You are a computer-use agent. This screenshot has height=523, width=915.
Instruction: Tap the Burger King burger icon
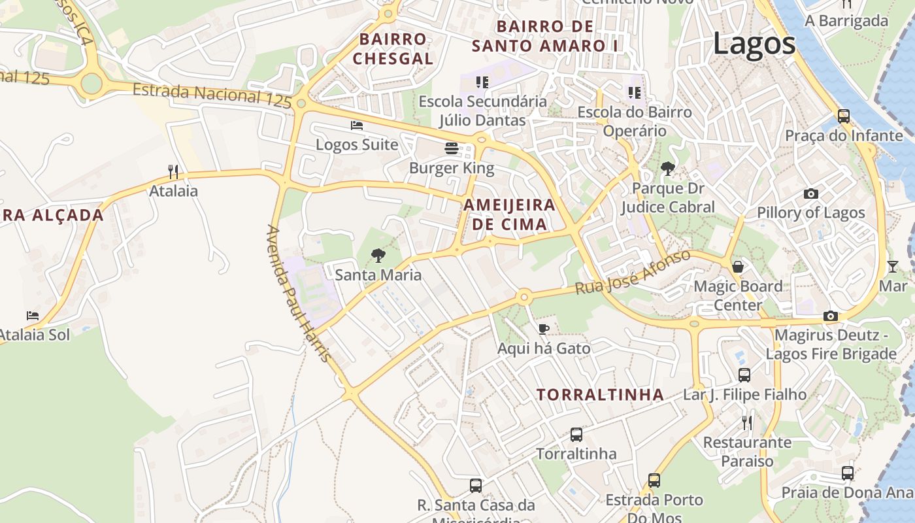click(x=451, y=148)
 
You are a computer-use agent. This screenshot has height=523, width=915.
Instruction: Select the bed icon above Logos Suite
click(x=357, y=125)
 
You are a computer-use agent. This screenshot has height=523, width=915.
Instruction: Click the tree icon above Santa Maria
click(x=378, y=256)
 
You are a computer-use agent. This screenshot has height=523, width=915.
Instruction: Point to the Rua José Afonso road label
click(x=633, y=272)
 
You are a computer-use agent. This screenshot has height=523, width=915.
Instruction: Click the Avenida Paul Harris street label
click(x=298, y=294)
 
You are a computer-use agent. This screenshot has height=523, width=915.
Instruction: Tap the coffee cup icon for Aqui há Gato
click(x=543, y=329)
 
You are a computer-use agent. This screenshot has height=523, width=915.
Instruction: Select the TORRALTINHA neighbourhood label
click(x=600, y=395)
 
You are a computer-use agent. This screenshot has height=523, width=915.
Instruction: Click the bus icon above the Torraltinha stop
click(x=576, y=434)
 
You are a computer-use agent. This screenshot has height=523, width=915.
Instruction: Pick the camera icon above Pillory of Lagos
click(x=810, y=194)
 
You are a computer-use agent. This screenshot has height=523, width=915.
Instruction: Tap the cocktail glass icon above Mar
click(x=893, y=266)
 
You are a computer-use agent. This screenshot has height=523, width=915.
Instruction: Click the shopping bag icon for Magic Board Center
click(x=738, y=267)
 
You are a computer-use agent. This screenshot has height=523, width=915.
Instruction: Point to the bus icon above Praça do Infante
click(x=844, y=116)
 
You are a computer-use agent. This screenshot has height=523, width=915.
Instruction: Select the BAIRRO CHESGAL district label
click(x=393, y=49)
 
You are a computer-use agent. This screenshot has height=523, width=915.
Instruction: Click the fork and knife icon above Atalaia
click(x=173, y=172)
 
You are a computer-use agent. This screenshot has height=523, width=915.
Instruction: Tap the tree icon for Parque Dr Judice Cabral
click(x=667, y=169)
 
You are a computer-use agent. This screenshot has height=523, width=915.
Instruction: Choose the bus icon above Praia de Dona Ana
click(x=848, y=473)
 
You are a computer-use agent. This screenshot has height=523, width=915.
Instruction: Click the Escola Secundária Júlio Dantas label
click(x=482, y=110)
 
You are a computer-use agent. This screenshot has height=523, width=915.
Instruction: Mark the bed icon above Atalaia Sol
click(x=33, y=316)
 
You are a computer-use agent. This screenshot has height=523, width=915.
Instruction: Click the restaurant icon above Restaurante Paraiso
click(x=747, y=423)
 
